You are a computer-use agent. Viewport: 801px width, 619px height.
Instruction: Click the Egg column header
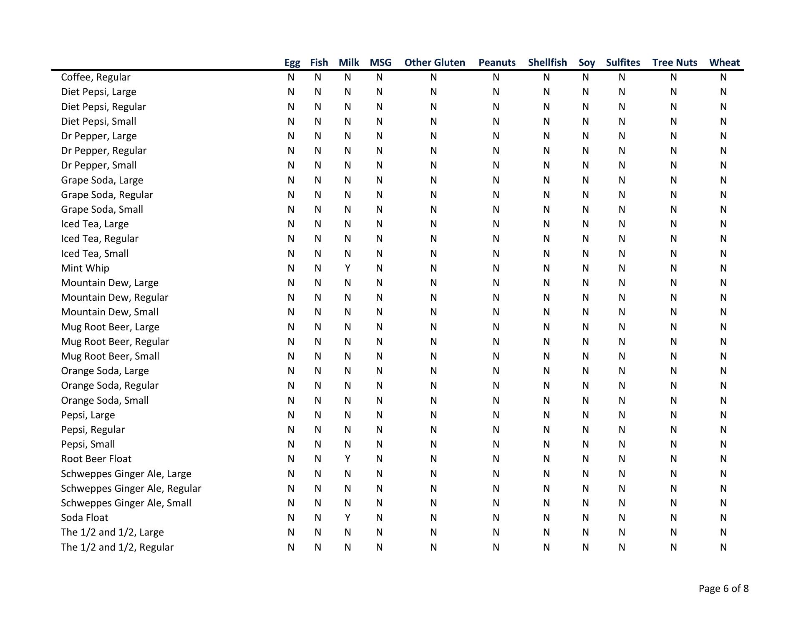tap(292, 63)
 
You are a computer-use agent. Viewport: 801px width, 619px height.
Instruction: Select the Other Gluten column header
tap(434, 63)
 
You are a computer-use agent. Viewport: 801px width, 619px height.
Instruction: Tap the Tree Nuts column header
tap(675, 63)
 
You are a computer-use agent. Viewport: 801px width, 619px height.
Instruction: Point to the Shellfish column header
tap(547, 63)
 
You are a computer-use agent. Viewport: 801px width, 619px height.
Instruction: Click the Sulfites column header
tap(623, 63)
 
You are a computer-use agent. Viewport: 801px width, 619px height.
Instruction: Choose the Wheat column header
tap(724, 63)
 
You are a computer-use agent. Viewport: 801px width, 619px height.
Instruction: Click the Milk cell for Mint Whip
tap(348, 268)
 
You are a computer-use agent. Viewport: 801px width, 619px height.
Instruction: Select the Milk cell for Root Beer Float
tap(348, 459)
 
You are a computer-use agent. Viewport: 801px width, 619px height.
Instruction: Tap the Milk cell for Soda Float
tap(348, 518)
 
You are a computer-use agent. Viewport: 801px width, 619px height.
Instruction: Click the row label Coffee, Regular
tap(96, 77)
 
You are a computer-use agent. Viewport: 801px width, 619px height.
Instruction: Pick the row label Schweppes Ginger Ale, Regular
tap(131, 488)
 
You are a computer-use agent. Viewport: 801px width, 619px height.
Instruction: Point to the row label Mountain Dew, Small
tap(110, 312)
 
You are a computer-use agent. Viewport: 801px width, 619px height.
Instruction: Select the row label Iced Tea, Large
tap(95, 224)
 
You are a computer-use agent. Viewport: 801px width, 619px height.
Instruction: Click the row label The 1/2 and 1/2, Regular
tap(117, 547)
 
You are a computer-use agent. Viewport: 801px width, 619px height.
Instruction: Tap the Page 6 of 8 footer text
tap(723, 589)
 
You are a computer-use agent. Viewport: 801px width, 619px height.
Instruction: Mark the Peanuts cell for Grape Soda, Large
tap(496, 180)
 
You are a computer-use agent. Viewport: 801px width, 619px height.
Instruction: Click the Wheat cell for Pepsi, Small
tap(723, 444)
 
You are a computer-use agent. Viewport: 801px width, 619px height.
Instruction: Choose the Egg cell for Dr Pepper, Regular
tap(291, 151)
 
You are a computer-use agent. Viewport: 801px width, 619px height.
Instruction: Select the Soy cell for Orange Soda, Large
tap(585, 371)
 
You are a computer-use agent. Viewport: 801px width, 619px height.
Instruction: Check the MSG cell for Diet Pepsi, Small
tap(379, 121)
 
